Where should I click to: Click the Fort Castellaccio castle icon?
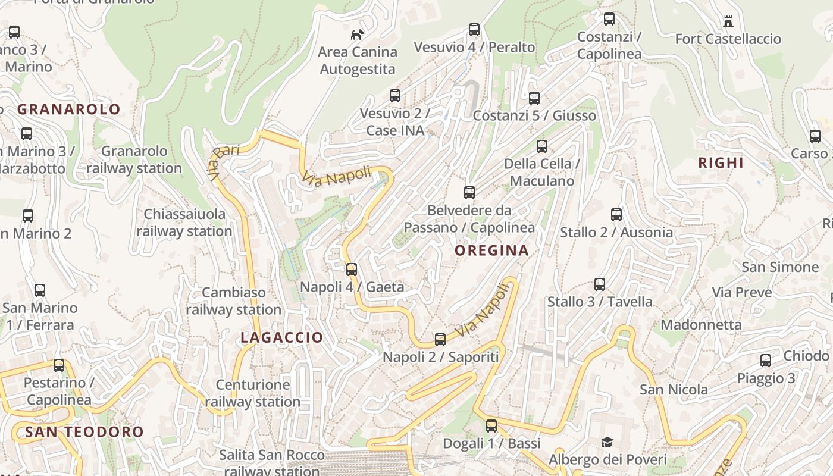coord(728,22)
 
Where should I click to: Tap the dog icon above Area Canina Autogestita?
coord(357,35)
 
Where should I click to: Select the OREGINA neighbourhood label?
coord(491,250)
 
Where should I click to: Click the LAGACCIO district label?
coord(282,337)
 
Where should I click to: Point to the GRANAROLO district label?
coord(69,109)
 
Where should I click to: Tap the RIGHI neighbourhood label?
coord(721,163)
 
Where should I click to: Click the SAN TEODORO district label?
coord(84,432)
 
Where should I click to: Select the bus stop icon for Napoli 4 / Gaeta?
coord(352,270)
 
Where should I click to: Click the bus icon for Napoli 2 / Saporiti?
coord(440,340)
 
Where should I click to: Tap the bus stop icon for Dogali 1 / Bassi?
coord(491,426)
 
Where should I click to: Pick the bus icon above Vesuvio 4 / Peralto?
coord(474,29)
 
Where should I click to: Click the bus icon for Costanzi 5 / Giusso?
coord(534,98)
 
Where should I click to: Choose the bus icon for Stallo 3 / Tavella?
coord(600,284)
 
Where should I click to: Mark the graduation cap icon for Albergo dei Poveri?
coord(607,442)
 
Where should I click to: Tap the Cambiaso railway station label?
coord(233,301)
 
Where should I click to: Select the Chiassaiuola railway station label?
coord(184,223)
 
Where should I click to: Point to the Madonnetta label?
coord(701,325)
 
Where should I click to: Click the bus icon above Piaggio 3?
coord(766,361)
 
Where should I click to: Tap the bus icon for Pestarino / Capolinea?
coord(59,365)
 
